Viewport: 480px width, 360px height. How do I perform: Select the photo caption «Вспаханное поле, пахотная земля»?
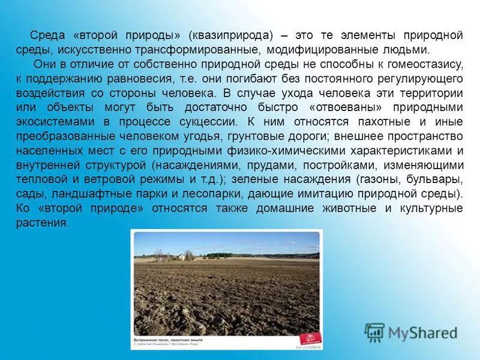(167, 340)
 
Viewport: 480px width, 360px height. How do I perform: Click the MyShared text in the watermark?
(422, 332)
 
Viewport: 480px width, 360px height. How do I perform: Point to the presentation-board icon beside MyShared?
(374, 332)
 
